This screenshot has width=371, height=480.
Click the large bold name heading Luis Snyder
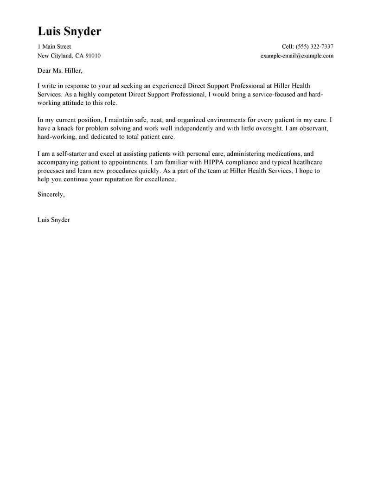coord(69,31)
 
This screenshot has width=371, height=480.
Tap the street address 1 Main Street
coord(54,47)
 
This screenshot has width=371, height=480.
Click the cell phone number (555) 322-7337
coord(312,47)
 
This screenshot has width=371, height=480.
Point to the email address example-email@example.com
coord(297,56)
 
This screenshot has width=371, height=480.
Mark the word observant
coord(319,128)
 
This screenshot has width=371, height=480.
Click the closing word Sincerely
coord(51,194)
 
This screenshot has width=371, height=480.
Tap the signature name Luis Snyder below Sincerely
coord(53,220)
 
